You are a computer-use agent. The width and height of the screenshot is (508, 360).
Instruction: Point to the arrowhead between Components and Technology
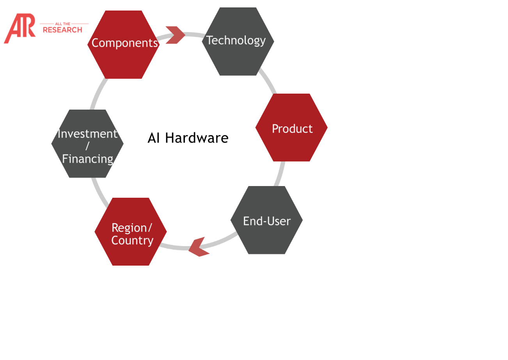(x=175, y=35)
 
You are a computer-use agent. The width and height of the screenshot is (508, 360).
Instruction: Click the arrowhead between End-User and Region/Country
(x=198, y=247)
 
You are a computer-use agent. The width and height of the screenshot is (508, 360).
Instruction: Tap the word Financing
(x=87, y=159)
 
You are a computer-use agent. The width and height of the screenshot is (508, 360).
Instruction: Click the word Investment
(x=87, y=134)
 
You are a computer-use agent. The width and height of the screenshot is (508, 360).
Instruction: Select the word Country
(x=132, y=240)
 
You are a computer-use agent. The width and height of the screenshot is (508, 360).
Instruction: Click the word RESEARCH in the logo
(x=62, y=30)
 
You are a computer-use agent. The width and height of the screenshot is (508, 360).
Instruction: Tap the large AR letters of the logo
(x=20, y=28)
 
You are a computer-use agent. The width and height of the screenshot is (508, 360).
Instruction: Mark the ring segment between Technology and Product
(x=268, y=82)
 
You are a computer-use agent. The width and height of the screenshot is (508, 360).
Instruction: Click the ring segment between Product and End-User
(x=279, y=174)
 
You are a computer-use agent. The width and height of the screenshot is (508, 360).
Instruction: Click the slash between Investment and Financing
(x=87, y=146)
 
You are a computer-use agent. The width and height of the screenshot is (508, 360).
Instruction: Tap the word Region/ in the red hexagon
(x=131, y=227)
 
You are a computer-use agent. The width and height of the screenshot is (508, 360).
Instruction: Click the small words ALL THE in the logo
(x=62, y=24)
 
